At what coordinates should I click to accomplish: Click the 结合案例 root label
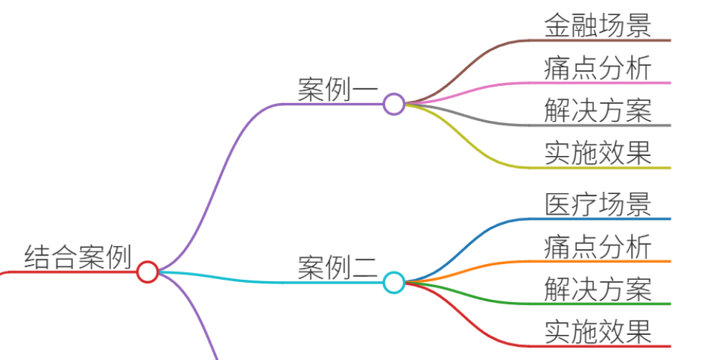[77, 256]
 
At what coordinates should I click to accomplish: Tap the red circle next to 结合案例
[147, 272]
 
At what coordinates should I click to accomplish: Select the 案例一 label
[338, 89]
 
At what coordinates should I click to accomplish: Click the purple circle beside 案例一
[394, 104]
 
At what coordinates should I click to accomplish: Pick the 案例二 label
[338, 267]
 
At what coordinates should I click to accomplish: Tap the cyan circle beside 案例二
[394, 283]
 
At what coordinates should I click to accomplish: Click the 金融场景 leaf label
[598, 25]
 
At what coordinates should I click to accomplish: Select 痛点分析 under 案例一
[598, 68]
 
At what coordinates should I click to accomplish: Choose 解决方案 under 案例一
[598, 110]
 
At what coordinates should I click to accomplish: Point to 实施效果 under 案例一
[598, 153]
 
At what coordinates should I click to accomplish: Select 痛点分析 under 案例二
[598, 246]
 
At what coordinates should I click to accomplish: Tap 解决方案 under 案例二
[598, 288]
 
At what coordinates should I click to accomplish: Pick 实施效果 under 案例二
[598, 331]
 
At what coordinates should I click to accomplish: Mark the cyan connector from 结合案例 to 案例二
[270, 282]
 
